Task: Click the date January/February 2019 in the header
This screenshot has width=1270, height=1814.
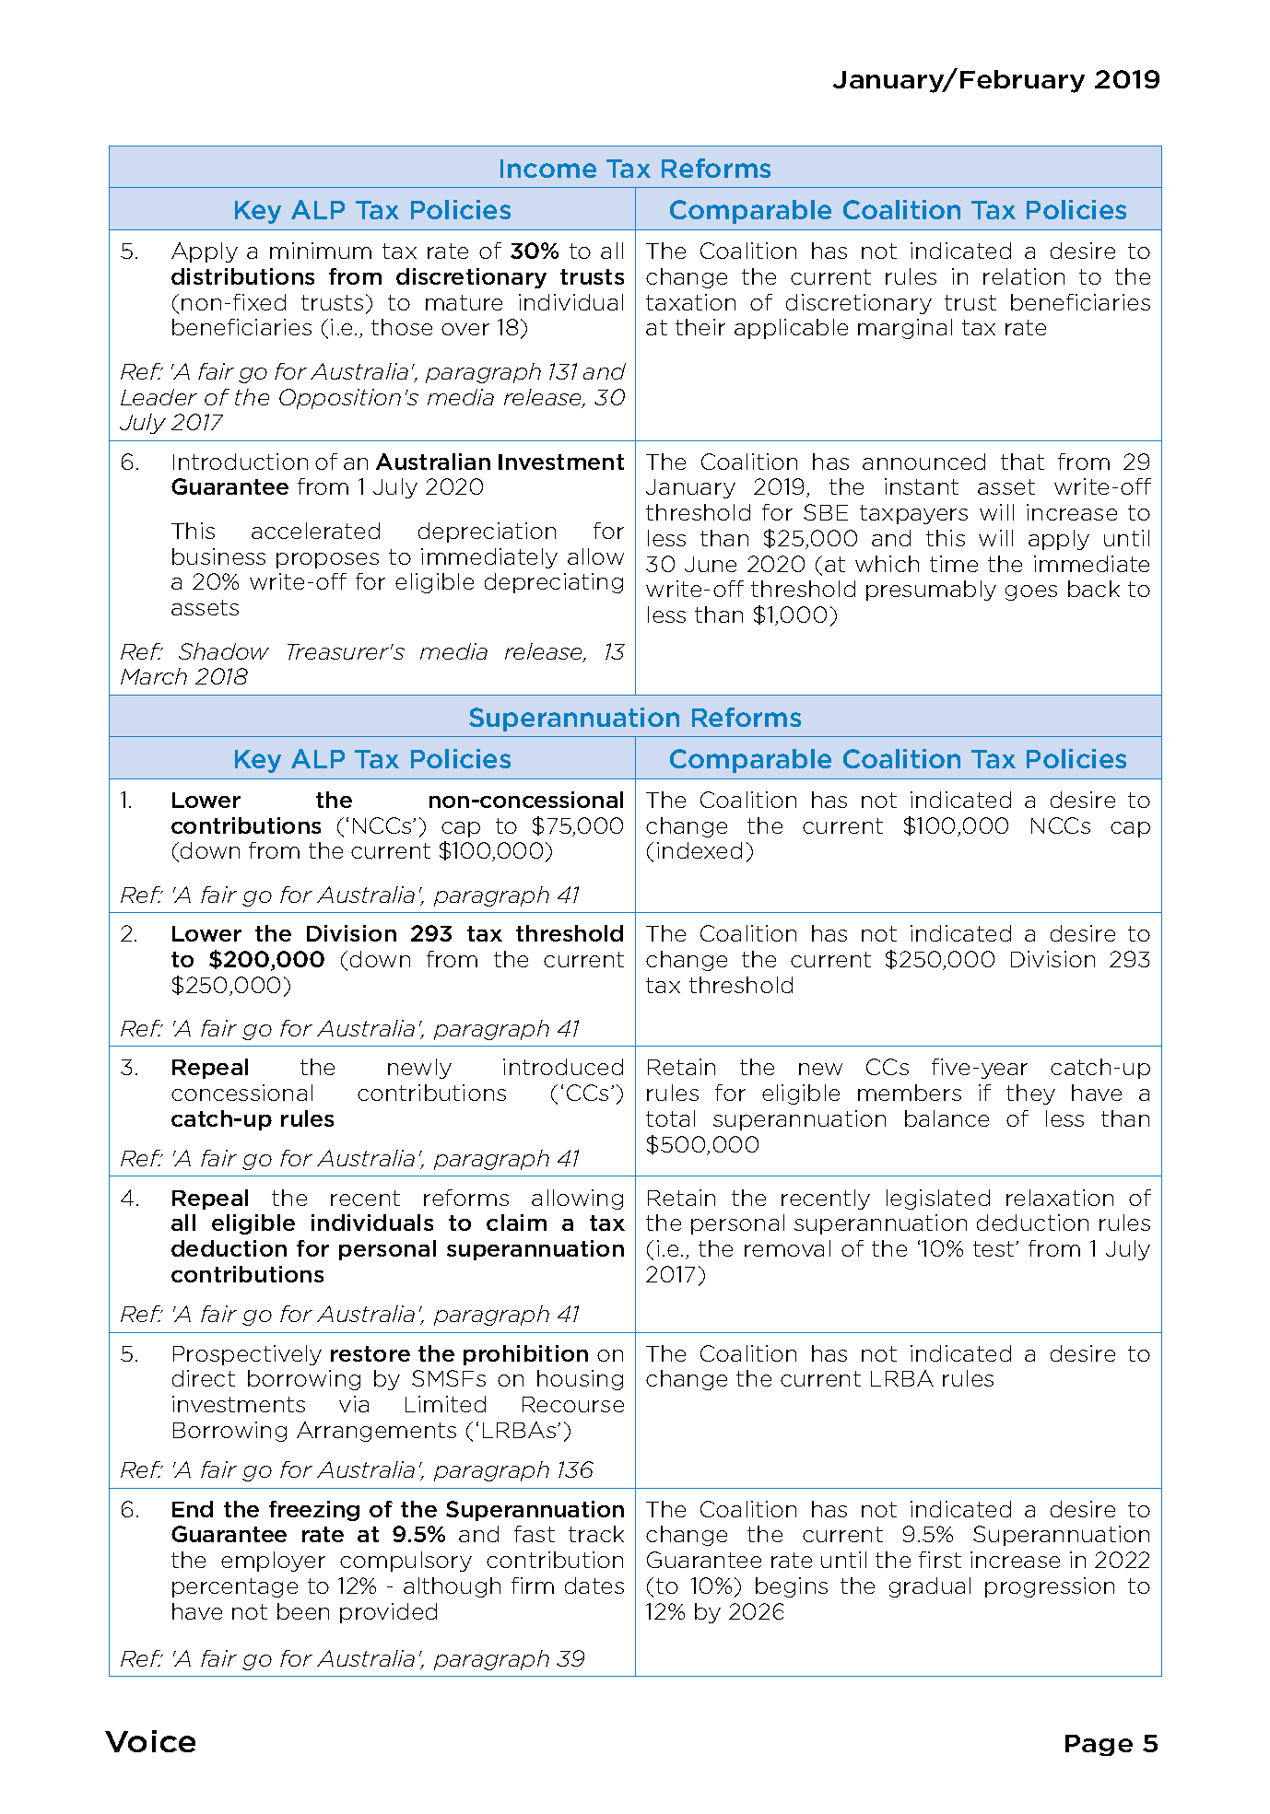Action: click(x=995, y=80)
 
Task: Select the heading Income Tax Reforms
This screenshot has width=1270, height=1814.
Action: click(x=634, y=169)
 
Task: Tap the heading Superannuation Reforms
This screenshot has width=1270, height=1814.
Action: click(x=634, y=718)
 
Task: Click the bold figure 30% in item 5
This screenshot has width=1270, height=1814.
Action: click(x=535, y=252)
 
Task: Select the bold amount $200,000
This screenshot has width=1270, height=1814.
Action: click(x=266, y=960)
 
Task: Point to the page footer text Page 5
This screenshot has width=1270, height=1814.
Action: click(x=1110, y=1743)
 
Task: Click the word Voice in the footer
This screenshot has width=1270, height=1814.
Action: click(x=151, y=1742)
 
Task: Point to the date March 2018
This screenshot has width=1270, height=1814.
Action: click(x=184, y=677)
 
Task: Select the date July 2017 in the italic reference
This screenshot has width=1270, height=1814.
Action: click(x=171, y=423)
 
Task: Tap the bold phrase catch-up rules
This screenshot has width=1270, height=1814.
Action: click(x=253, y=1119)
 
